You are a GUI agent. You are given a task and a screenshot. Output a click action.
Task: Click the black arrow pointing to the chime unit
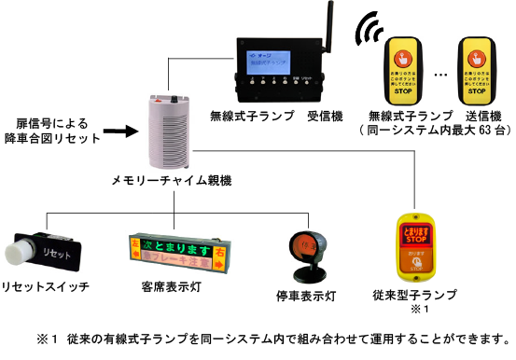119,132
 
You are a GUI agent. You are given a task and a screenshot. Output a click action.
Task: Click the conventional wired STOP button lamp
413,245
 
